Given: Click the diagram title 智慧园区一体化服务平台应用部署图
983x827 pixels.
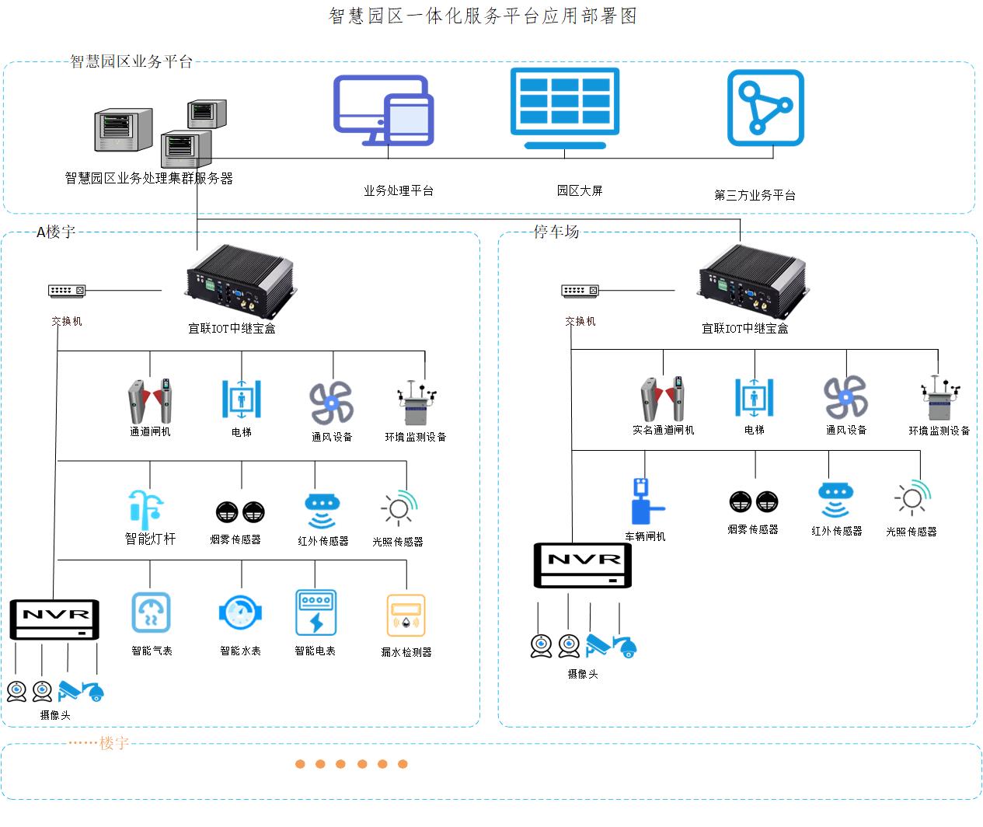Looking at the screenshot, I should (x=483, y=16).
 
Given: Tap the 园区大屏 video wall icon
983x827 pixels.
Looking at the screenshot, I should (x=565, y=107).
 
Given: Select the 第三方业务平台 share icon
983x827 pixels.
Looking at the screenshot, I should (x=765, y=108).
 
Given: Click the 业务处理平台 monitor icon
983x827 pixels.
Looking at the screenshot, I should (x=383, y=110).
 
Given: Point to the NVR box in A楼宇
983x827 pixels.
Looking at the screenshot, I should (x=54, y=619).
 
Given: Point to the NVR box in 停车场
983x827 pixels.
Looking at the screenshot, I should (x=582, y=565).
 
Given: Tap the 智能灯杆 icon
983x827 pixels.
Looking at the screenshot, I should (x=147, y=509).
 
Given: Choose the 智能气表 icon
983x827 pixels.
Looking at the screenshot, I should (x=151, y=613).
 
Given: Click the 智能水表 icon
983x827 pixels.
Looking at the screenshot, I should (x=240, y=613).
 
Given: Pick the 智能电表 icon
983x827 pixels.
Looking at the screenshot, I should (x=315, y=613).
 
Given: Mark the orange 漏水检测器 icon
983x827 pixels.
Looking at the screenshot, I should (x=406, y=616).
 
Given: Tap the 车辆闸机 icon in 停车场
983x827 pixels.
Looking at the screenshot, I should (x=645, y=502).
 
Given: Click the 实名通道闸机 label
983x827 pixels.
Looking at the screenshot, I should (x=663, y=430).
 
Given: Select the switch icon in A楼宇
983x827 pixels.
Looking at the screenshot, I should (x=67, y=291).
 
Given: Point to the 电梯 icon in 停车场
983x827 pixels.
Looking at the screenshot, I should (x=754, y=397).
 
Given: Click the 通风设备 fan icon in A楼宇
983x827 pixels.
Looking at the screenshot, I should (x=332, y=403).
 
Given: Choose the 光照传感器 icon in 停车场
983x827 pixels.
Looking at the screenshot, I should (x=912, y=498).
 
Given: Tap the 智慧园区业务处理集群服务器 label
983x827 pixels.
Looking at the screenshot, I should (x=148, y=178).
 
